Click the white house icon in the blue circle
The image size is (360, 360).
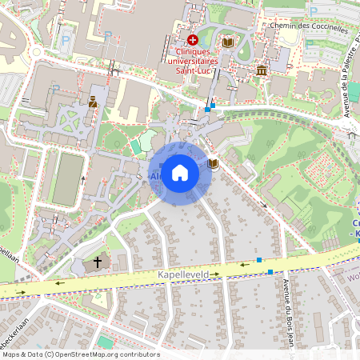180,173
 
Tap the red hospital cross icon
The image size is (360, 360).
192,39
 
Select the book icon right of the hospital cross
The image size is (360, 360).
228,42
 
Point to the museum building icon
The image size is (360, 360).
262,72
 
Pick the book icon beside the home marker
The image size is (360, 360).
213,164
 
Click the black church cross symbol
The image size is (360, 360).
98,262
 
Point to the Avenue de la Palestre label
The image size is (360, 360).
347,88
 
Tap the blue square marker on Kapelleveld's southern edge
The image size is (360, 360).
270,272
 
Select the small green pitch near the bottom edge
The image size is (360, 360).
105,342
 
